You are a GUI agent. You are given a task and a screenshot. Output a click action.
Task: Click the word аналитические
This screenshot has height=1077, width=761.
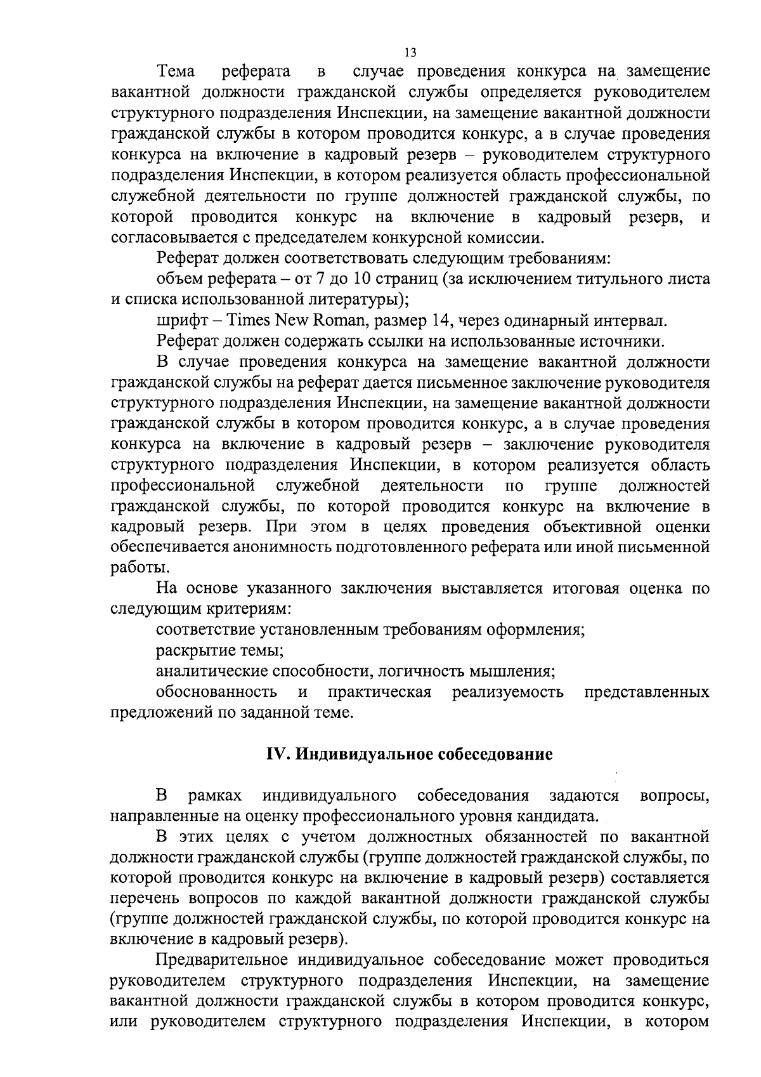pyautogui.click(x=213, y=672)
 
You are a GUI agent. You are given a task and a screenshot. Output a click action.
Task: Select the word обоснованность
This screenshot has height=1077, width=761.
pyautogui.click(x=216, y=692)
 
